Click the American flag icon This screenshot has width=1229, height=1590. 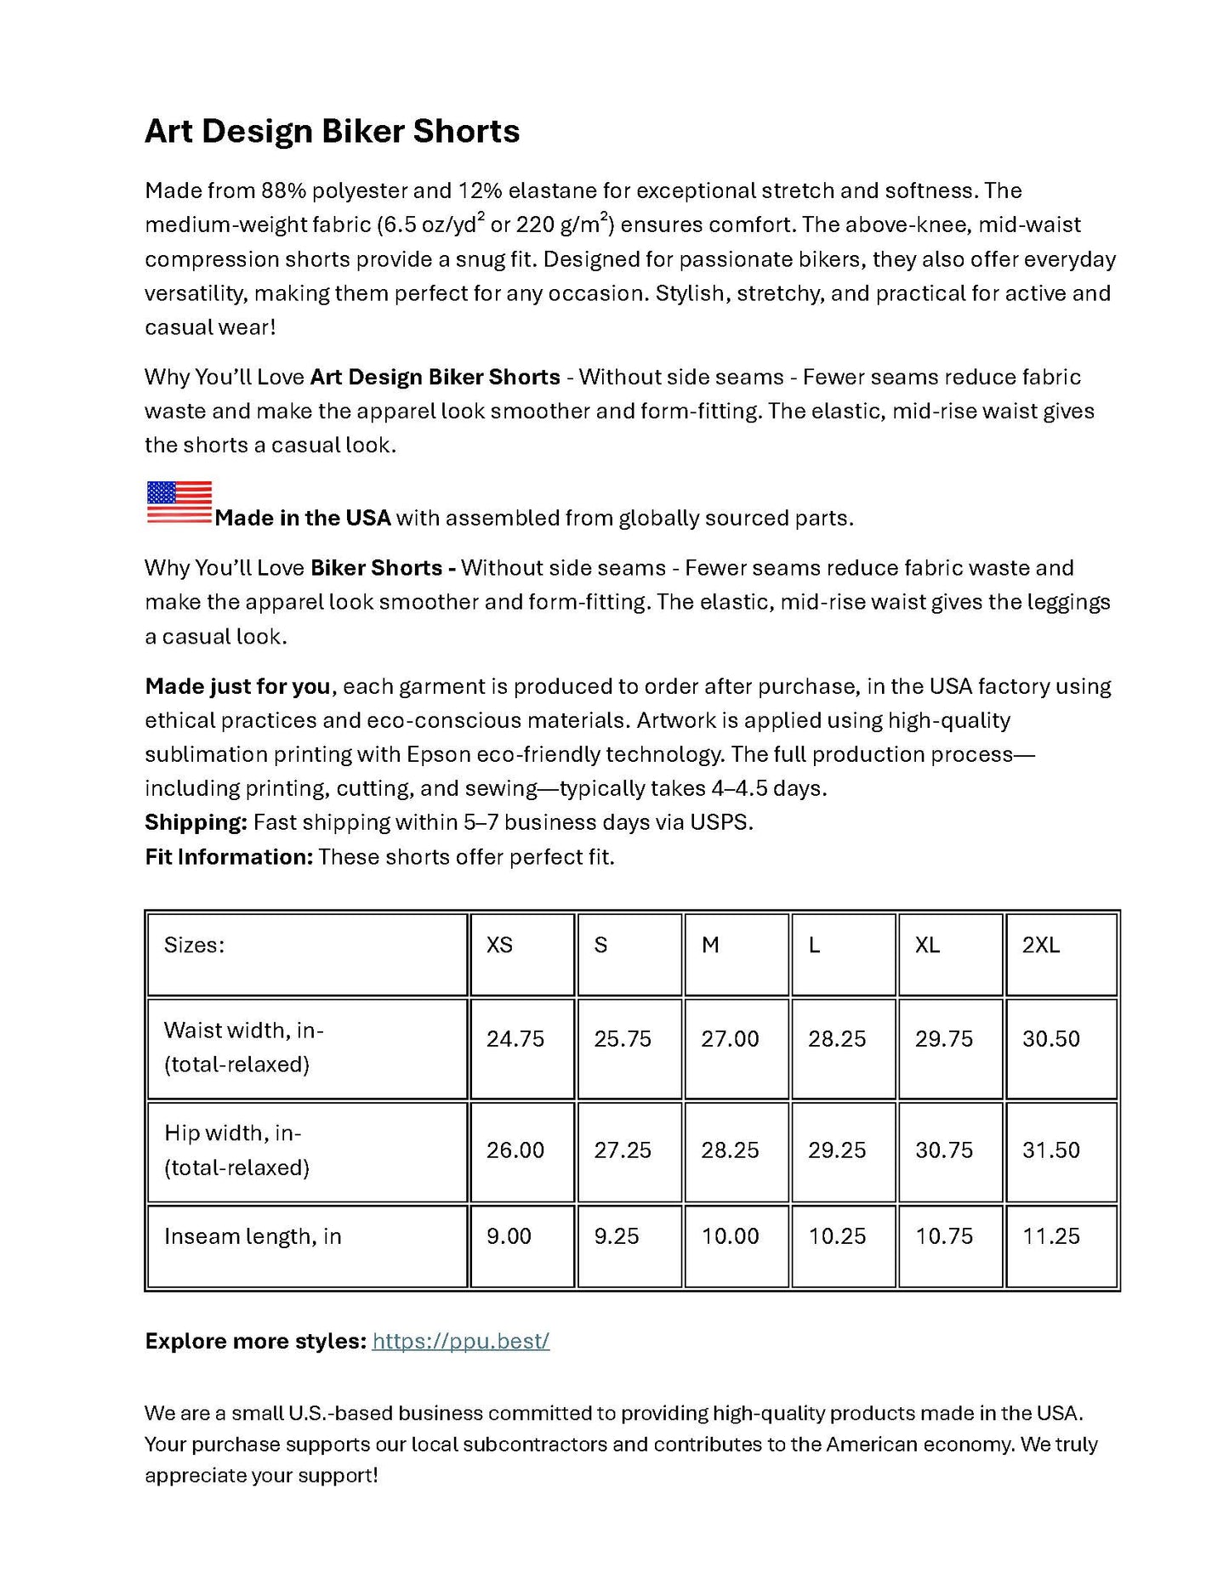pos(179,502)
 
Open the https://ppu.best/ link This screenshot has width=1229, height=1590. pos(460,1341)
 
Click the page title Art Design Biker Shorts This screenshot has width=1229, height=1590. pos(332,131)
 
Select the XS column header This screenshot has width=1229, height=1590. pos(499,945)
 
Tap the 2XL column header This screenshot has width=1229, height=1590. pos(1041,945)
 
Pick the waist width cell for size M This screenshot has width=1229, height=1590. pos(730,1039)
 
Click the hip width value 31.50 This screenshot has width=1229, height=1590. pos(1051,1150)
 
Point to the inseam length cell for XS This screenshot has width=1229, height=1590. pos(509,1236)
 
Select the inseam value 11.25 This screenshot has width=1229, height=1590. pos(1051,1236)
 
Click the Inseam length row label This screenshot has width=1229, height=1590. pos(253,1236)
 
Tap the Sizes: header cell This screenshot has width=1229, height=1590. pos(194,945)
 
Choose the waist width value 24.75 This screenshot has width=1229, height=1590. pos(515,1039)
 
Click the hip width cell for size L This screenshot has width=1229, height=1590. pos(837,1150)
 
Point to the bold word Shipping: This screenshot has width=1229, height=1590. pos(196,822)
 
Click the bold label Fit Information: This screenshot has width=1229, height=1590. pos(229,856)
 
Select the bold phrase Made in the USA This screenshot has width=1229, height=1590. pos(302,518)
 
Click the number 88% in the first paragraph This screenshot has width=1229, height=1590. pos(283,190)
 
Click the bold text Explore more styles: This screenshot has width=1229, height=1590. pos(255,1341)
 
